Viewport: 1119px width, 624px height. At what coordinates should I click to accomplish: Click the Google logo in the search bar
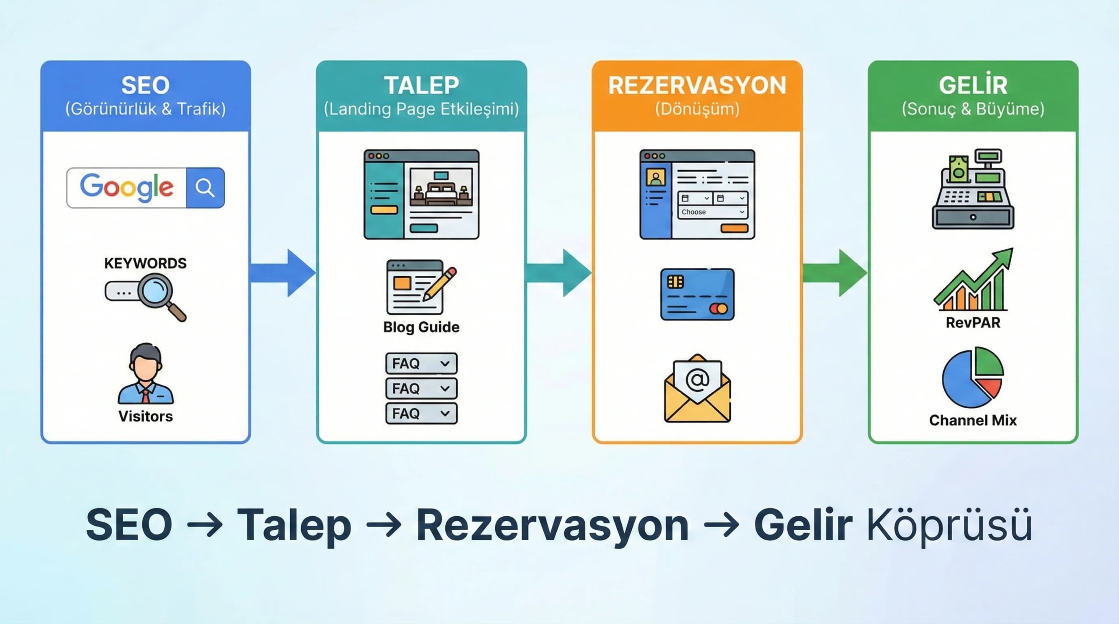click(126, 187)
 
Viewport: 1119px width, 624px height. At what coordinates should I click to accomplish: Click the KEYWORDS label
click(145, 263)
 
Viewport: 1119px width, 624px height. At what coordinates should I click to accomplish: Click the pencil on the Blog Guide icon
click(440, 284)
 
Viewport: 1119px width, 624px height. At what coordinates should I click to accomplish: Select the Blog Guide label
click(421, 327)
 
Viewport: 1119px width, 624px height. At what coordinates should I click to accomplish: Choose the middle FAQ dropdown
click(421, 388)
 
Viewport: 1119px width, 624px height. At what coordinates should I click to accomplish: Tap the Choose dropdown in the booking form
click(712, 212)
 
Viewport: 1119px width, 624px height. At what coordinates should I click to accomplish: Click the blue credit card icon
click(697, 294)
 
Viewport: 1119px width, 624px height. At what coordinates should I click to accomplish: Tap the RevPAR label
click(973, 323)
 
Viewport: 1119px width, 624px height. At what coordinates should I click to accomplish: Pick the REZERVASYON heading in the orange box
click(697, 85)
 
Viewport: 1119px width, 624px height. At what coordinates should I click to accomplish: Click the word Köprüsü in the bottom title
click(949, 525)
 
